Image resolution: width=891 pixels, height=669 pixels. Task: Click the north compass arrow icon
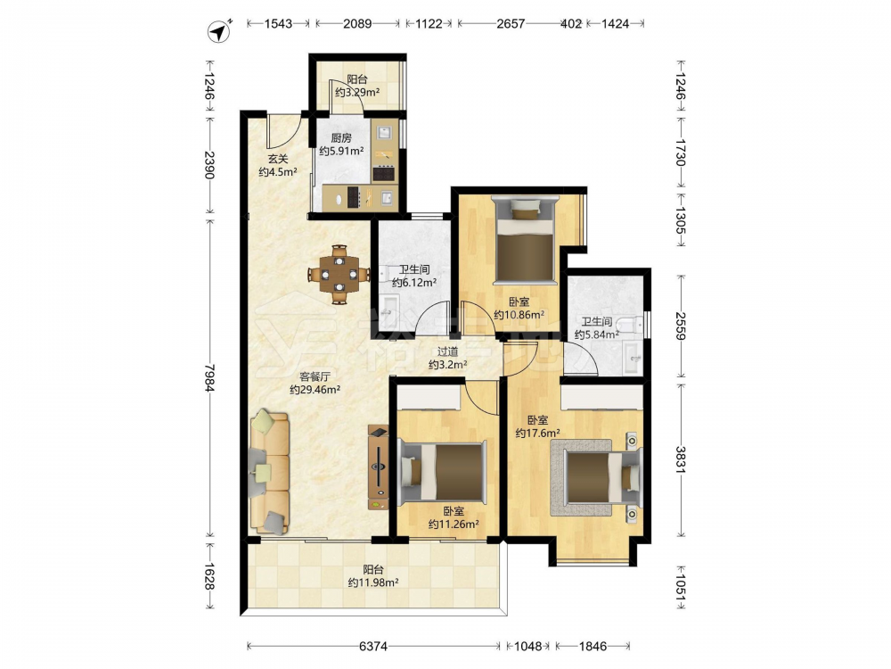219,32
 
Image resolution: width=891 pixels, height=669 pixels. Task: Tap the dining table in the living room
339,274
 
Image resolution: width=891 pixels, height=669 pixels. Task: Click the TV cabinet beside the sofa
379,467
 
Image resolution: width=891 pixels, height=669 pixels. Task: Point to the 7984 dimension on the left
209,377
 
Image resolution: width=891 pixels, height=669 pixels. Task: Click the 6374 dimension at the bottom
373,646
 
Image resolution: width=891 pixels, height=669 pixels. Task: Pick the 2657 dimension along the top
511,23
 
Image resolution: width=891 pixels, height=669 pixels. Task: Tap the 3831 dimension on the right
680,458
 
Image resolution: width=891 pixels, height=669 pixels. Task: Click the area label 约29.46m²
315,390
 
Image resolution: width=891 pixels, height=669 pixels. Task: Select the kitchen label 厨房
341,137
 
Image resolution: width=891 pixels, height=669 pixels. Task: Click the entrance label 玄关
278,160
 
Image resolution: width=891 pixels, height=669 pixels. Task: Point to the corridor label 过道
448,352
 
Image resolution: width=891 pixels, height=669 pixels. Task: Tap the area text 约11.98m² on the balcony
372,582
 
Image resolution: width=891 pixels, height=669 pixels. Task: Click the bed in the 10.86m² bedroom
526,239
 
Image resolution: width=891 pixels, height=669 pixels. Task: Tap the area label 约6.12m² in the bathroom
414,282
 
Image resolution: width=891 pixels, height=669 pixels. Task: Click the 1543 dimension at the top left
278,23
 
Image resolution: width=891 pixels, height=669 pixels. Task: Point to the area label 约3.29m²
357,92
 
